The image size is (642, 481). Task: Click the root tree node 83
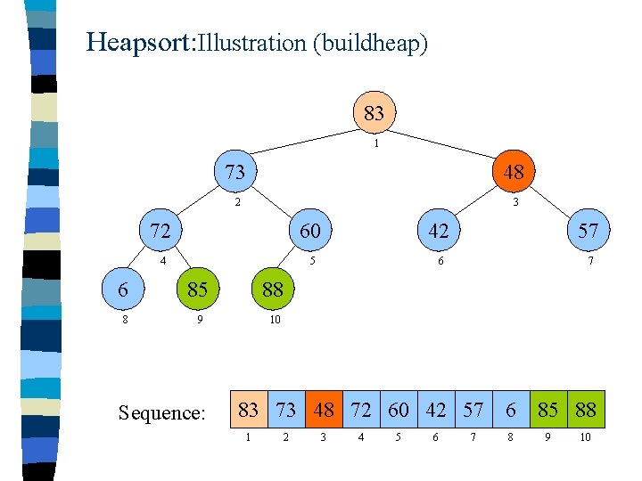[374, 114]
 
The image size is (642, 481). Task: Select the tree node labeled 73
[235, 171]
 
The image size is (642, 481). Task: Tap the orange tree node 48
[513, 171]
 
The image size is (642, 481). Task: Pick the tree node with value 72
[160, 232]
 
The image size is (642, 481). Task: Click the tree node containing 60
[310, 232]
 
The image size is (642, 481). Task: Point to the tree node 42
[438, 232]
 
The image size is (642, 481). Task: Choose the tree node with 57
[588, 232]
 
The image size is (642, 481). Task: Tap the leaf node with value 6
[122, 289]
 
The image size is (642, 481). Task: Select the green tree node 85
[197, 289]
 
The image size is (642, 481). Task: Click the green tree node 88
[272, 289]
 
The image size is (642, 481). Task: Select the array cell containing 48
[324, 411]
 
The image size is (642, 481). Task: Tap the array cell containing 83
[250, 411]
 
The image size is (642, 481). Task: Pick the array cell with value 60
[399, 411]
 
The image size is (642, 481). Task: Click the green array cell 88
[586, 411]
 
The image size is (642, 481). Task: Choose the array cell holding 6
[511, 411]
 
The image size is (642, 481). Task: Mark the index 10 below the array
[585, 437]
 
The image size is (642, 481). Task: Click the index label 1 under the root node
[377, 143]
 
